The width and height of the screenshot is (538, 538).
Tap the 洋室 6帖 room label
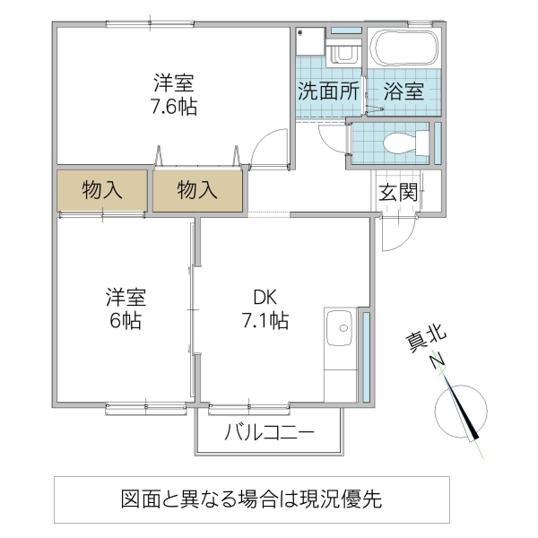coord(126,308)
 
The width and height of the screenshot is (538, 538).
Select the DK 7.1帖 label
coord(264,308)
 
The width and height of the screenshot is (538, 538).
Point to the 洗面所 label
coord(328,91)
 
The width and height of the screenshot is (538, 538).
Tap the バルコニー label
coord(269,434)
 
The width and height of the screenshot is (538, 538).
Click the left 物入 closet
coord(102,190)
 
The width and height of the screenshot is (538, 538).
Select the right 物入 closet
coord(197,190)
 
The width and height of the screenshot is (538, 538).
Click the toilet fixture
coord(403,142)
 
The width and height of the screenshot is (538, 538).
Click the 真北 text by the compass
coord(426,343)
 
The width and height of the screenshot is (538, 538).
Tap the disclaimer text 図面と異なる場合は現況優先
coord(252,500)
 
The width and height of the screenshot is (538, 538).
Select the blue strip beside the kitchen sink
coord(366,354)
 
